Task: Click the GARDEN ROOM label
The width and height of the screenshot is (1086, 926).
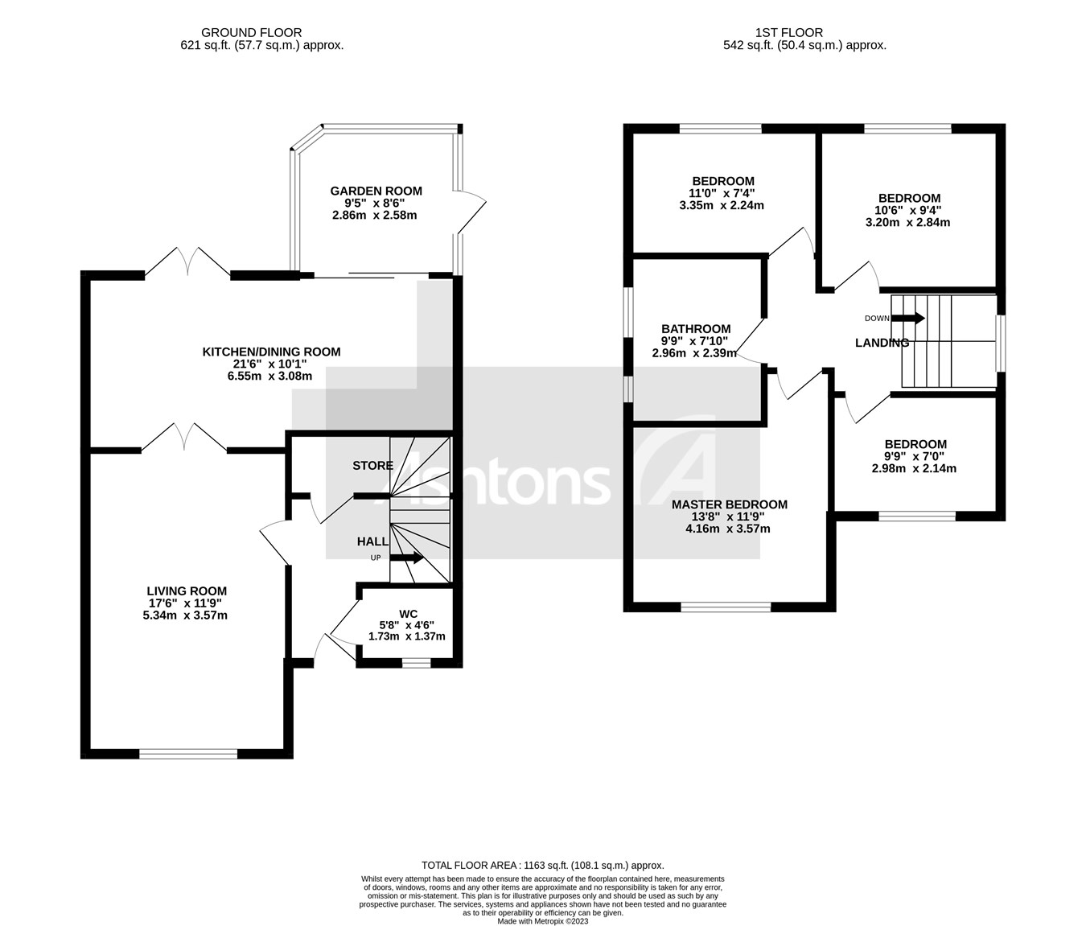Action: pyautogui.click(x=376, y=191)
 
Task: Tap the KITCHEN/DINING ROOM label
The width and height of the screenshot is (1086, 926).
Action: pyautogui.click(x=271, y=352)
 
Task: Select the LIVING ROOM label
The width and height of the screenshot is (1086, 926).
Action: pyautogui.click(x=187, y=591)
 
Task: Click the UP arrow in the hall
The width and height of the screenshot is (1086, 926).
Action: pyautogui.click(x=407, y=558)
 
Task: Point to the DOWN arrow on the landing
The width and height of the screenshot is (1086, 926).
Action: pyautogui.click(x=908, y=318)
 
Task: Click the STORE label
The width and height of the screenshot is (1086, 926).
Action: pyautogui.click(x=372, y=466)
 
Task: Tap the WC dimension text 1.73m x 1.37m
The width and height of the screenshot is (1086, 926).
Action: pyautogui.click(x=406, y=636)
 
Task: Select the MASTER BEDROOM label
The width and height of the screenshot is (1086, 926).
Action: pyautogui.click(x=729, y=504)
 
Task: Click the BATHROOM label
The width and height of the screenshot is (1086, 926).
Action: pyautogui.click(x=696, y=328)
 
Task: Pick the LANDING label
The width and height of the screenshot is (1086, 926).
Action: pyautogui.click(x=882, y=343)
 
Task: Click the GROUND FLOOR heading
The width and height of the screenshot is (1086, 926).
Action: pyautogui.click(x=251, y=33)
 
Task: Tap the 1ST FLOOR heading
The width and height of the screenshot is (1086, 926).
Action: pyautogui.click(x=788, y=33)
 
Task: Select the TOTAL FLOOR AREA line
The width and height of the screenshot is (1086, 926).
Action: pyautogui.click(x=543, y=865)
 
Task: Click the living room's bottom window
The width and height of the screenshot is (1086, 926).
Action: pyautogui.click(x=188, y=754)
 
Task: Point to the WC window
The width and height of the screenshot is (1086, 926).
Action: pyautogui.click(x=416, y=664)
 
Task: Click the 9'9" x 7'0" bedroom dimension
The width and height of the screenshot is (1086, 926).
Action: pyautogui.click(x=915, y=456)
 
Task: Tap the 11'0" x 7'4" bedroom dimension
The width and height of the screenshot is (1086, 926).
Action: pyautogui.click(x=723, y=193)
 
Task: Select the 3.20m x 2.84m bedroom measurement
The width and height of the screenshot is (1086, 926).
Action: pyautogui.click(x=907, y=222)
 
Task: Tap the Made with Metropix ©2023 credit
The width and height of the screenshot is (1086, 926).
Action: pyautogui.click(x=543, y=921)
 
